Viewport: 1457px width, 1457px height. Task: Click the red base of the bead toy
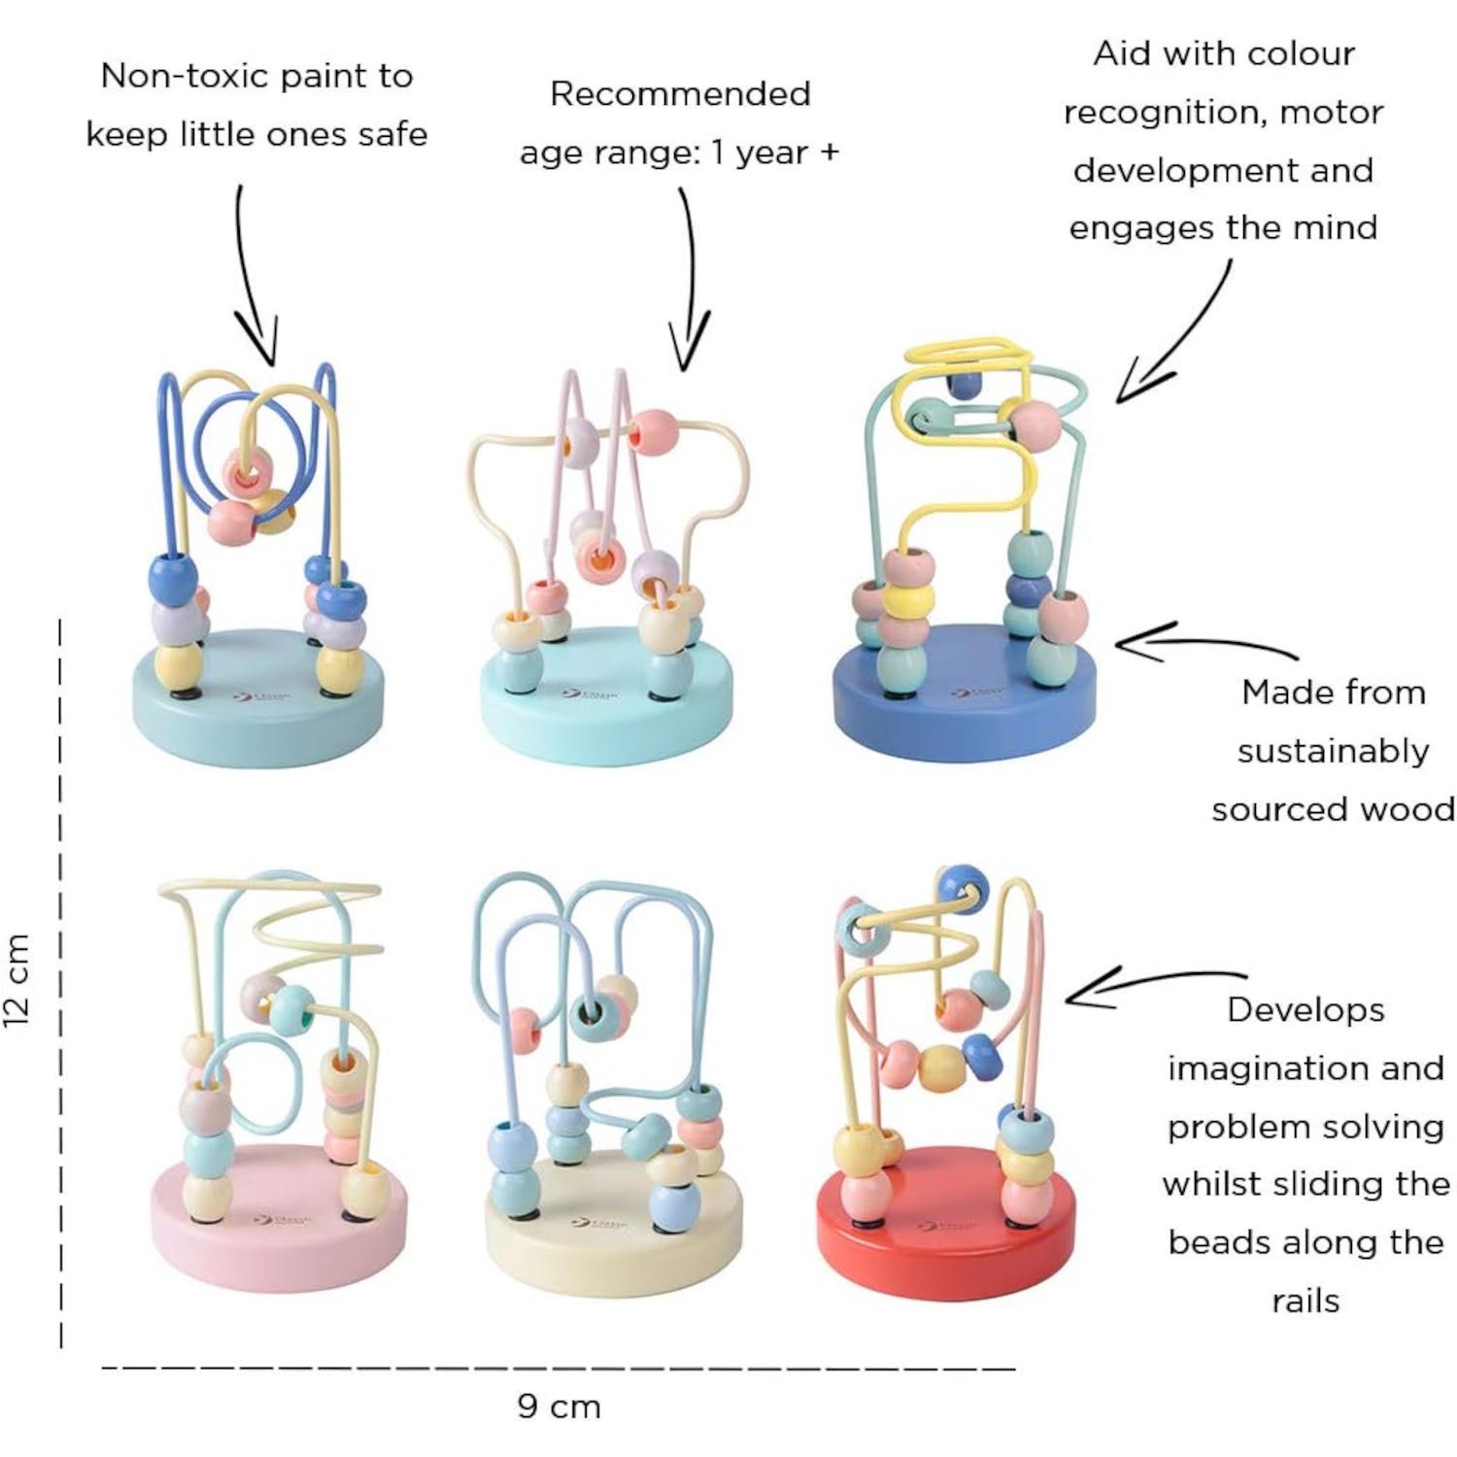pyautogui.click(x=947, y=1253)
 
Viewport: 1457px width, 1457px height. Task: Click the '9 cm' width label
pyautogui.click(x=559, y=1406)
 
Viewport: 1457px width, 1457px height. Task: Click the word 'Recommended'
pyautogui.click(x=680, y=93)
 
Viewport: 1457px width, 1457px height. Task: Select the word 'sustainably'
pyautogui.click(x=1333, y=751)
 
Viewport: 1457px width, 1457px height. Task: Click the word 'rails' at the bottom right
pyautogui.click(x=1305, y=1301)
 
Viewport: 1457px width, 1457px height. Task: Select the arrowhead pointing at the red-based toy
pyautogui.click(x=1083, y=994)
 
